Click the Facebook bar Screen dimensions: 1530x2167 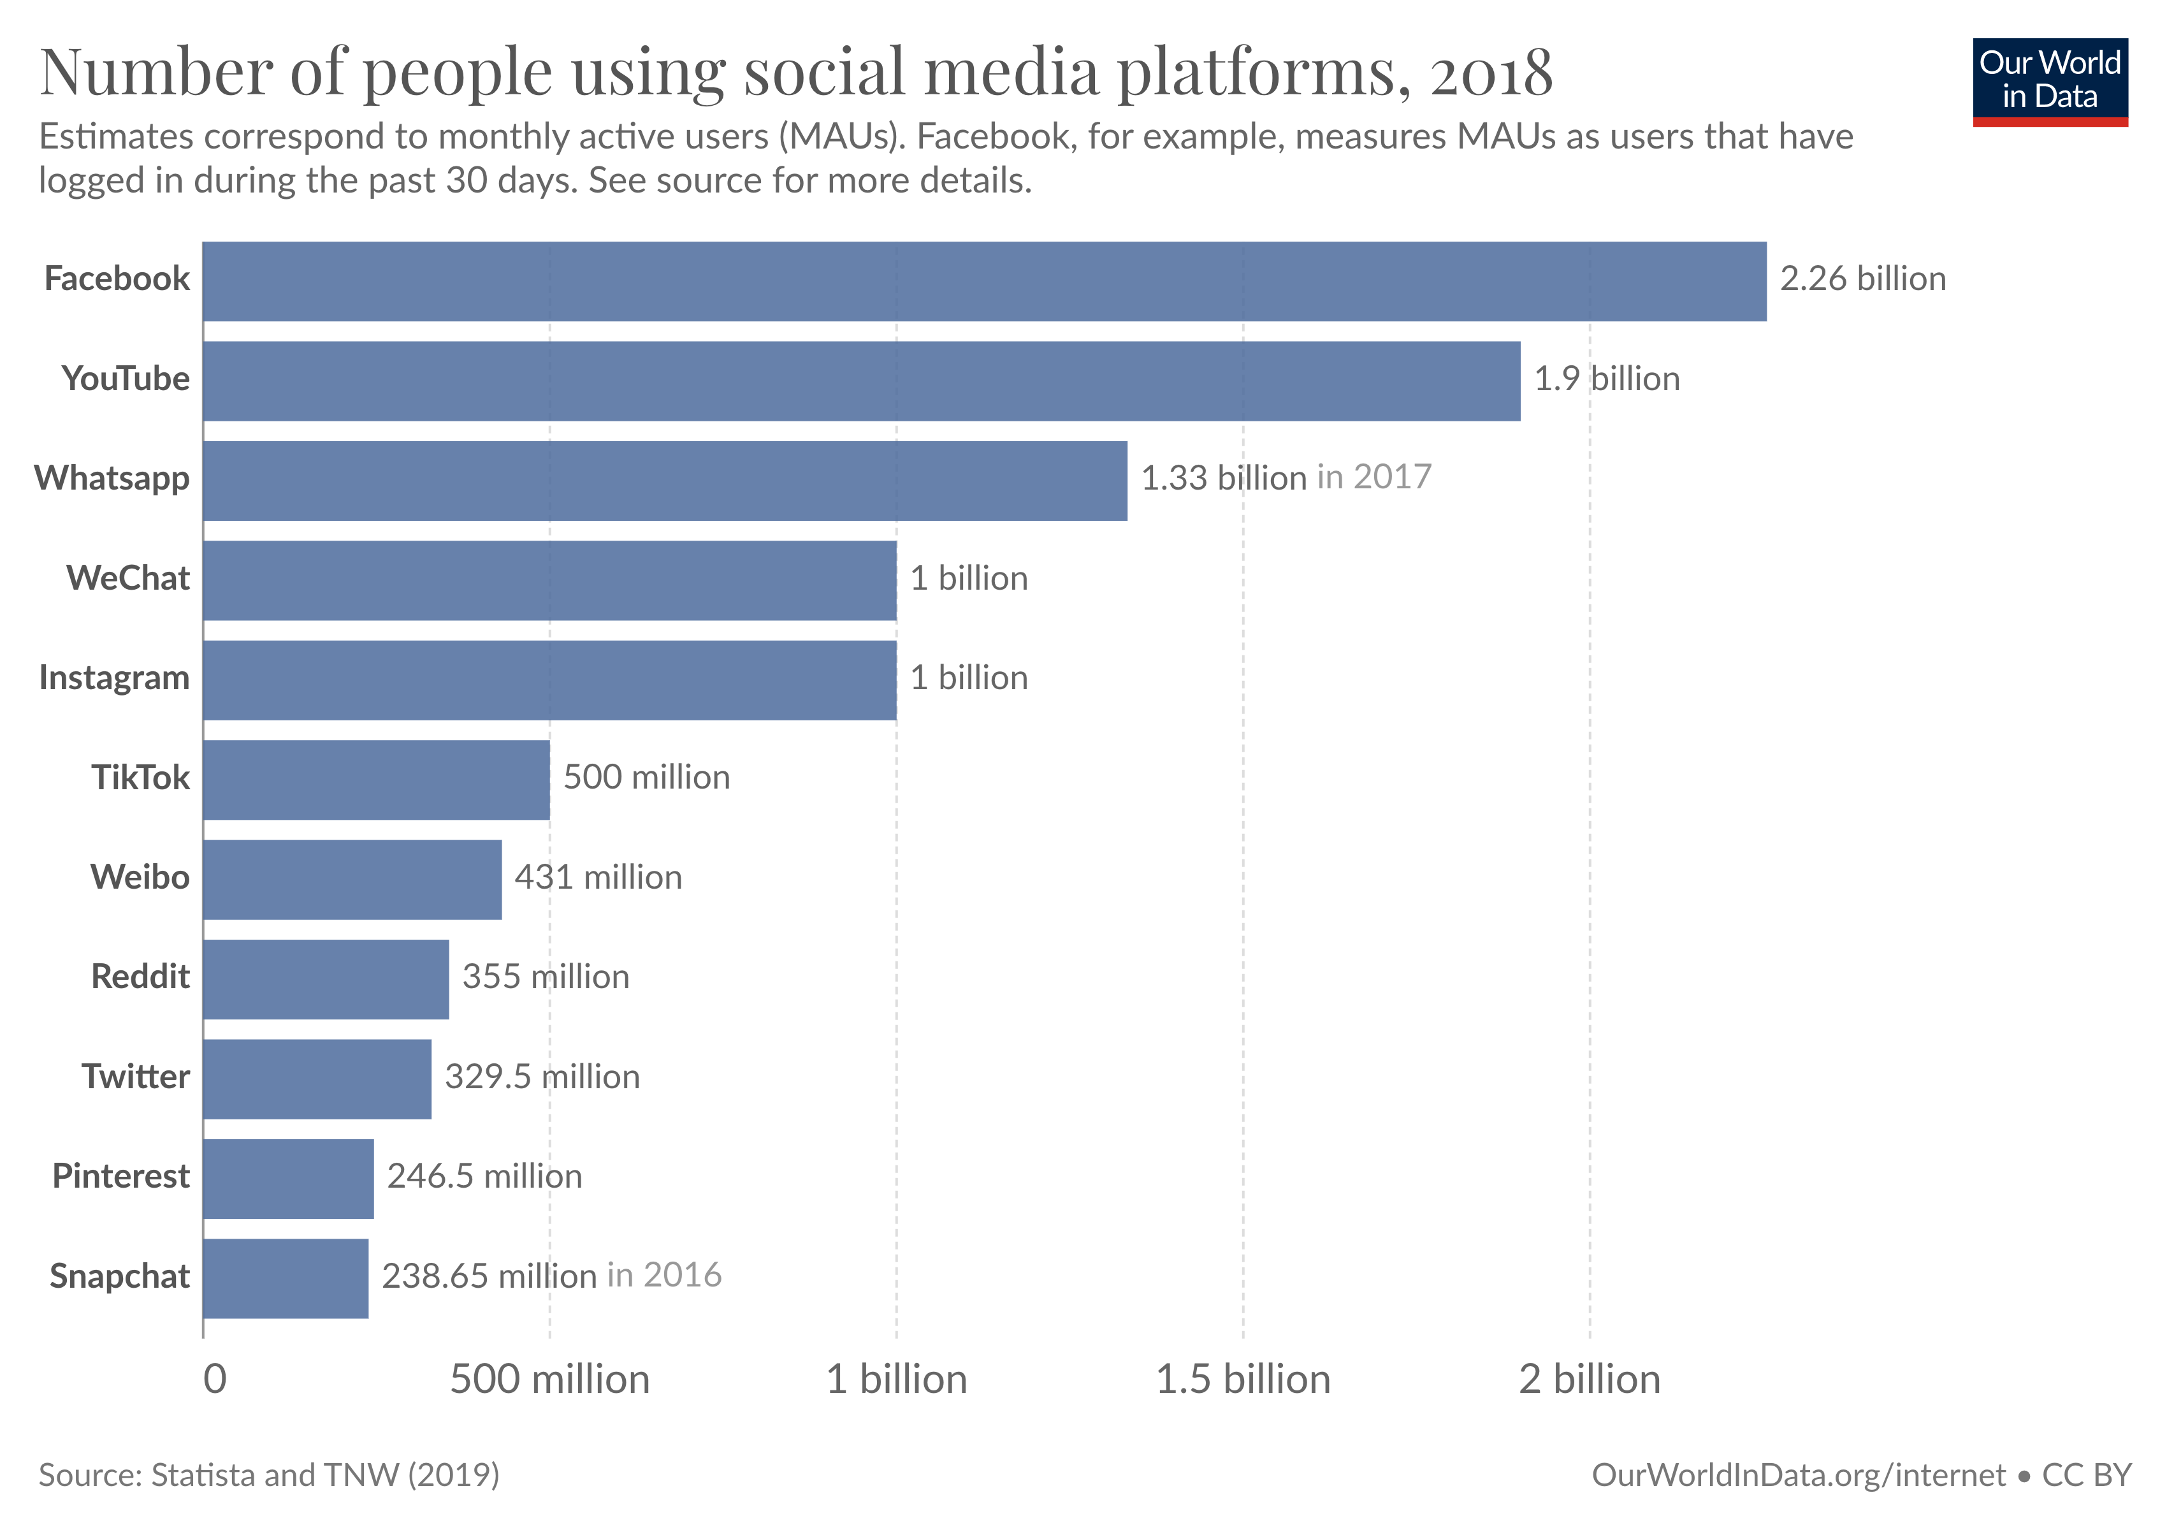[x=985, y=281]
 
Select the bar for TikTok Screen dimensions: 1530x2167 [x=375, y=780]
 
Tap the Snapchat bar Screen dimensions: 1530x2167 [x=285, y=1278]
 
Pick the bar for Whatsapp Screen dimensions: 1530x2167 [x=665, y=481]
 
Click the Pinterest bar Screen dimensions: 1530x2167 [x=288, y=1178]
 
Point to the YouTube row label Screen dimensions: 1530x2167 [x=126, y=379]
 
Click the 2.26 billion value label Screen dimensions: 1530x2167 [x=1862, y=279]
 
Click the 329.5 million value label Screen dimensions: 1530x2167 [x=542, y=1077]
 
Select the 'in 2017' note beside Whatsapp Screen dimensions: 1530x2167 [x=1373, y=477]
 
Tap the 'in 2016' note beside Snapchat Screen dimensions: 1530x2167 [x=663, y=1275]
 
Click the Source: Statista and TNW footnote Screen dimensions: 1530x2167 [x=269, y=1475]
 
